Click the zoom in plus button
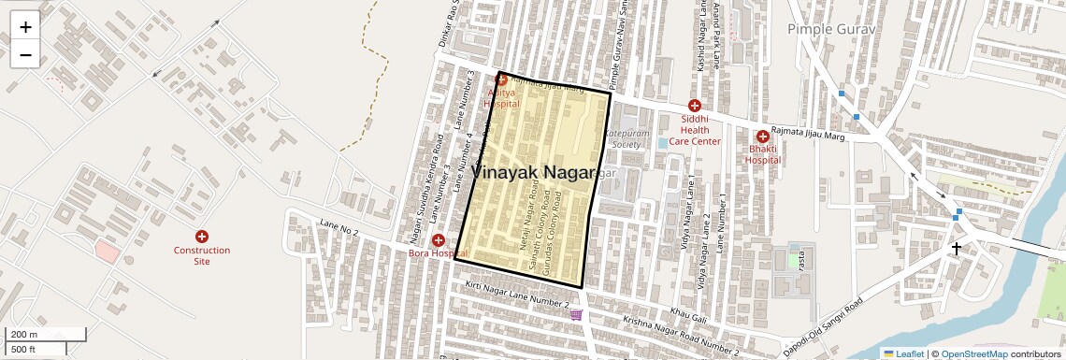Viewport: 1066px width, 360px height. point(25,27)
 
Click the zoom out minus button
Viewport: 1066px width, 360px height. point(25,54)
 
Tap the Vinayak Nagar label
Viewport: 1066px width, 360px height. point(533,173)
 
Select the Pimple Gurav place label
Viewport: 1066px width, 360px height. point(829,30)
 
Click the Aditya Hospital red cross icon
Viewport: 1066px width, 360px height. point(501,80)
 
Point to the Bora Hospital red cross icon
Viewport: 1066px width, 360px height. point(438,240)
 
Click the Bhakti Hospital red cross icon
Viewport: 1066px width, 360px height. point(762,136)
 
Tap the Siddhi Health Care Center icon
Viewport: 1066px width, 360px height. point(694,106)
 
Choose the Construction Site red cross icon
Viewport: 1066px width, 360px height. point(201,238)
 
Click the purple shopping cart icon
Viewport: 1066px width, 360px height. point(576,315)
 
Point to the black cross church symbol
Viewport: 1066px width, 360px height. point(956,249)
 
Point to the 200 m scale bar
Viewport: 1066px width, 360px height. point(46,335)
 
